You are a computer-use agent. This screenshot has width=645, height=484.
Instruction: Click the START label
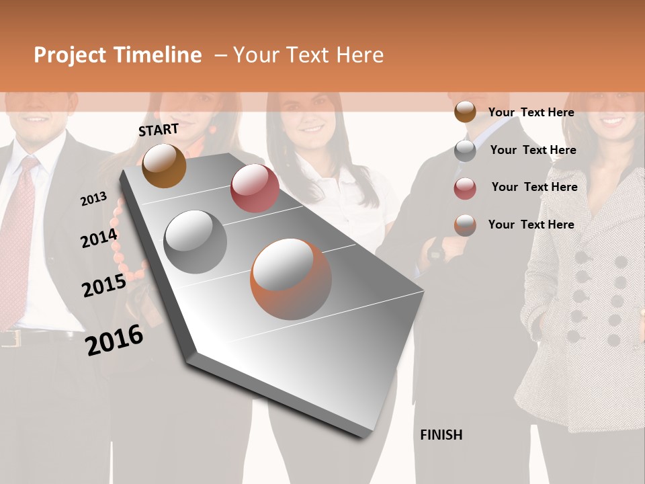[x=159, y=130]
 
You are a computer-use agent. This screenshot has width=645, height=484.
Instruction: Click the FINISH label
[x=441, y=435]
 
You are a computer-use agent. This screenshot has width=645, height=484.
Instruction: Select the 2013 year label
[x=93, y=199]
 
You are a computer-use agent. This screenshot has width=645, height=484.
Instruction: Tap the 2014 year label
[x=99, y=238]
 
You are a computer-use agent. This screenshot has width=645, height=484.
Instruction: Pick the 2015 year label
[x=103, y=286]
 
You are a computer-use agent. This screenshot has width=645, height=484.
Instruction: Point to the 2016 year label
[x=114, y=340]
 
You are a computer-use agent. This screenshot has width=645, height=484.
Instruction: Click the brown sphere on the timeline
[x=164, y=165]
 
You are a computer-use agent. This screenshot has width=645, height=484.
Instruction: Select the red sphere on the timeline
[x=255, y=188]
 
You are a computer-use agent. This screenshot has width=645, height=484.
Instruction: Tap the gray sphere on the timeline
[x=195, y=241]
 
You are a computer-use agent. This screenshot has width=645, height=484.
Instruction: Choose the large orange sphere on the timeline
[x=291, y=279]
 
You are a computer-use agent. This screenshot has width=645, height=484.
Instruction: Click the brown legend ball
[x=465, y=112]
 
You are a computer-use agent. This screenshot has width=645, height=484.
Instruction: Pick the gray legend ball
[x=465, y=151]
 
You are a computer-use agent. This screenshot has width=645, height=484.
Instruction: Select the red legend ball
[x=465, y=188]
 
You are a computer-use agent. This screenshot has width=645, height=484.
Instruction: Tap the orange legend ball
[x=465, y=225]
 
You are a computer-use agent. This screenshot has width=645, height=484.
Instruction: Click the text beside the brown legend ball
[x=531, y=112]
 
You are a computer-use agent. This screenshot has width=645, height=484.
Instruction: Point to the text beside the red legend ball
[x=534, y=187]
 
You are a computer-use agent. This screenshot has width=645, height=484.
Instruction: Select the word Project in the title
[x=70, y=55]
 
